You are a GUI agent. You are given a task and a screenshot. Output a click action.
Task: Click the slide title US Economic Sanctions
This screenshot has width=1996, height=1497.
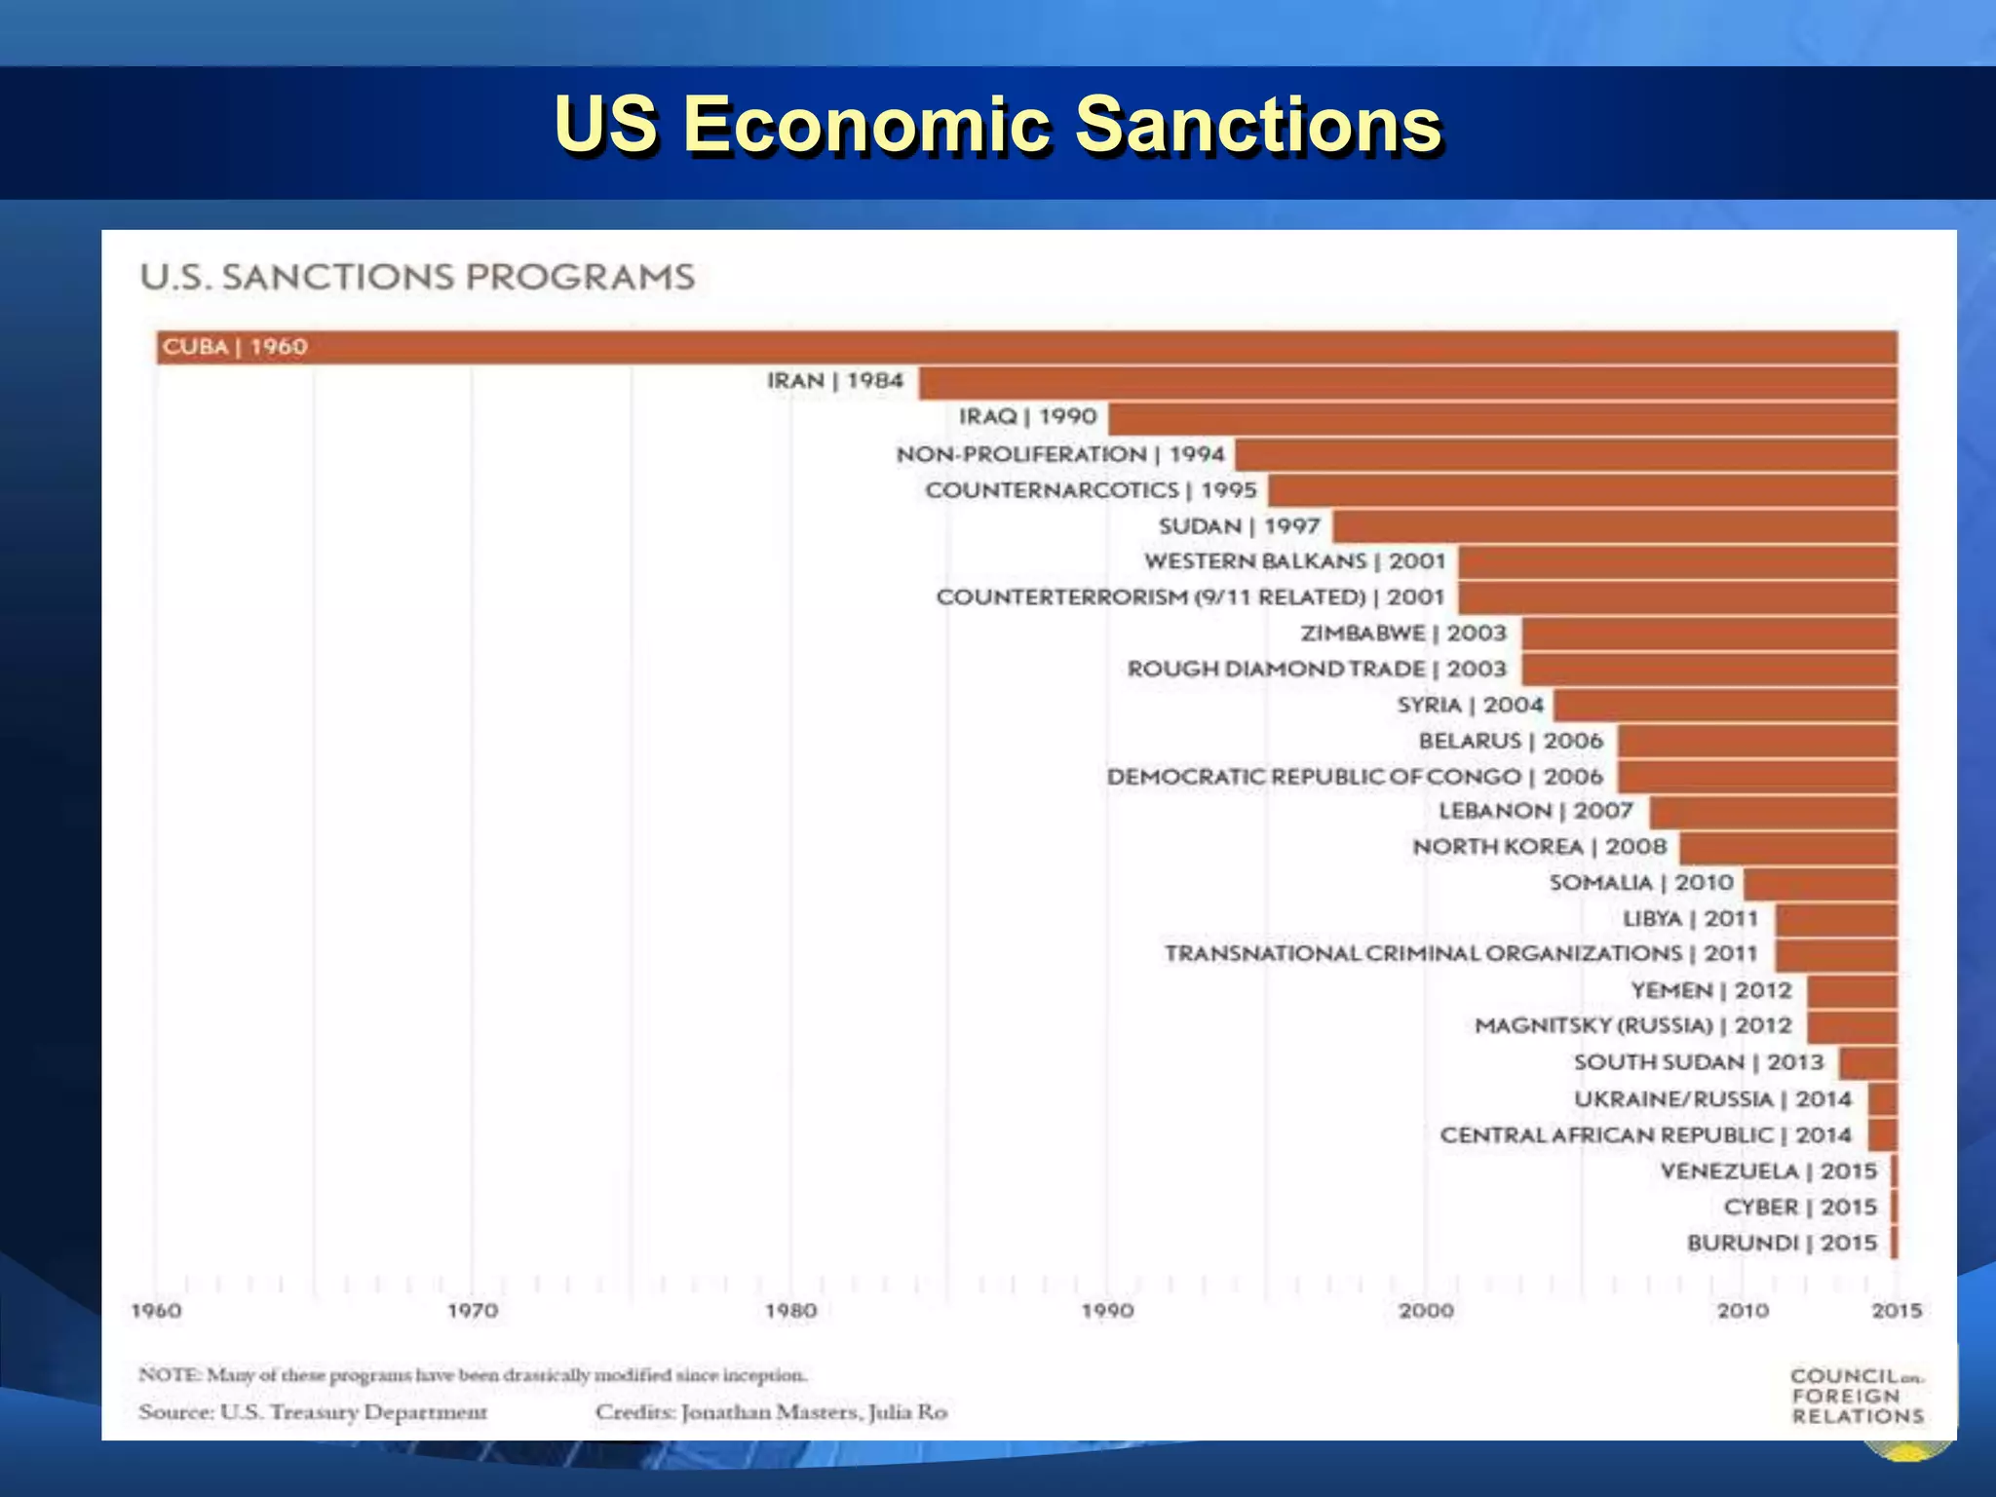pos(998,125)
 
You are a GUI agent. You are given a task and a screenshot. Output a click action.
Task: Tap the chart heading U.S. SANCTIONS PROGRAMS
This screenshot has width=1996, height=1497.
pos(418,277)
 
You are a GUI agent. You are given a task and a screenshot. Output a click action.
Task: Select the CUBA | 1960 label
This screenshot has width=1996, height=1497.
pos(235,347)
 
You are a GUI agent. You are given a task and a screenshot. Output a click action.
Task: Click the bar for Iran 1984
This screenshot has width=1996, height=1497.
pos(1407,383)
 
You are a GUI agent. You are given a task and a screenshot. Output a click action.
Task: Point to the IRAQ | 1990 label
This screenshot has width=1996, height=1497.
pos(1028,417)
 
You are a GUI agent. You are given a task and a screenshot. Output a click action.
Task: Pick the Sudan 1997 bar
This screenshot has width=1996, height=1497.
pos(1614,526)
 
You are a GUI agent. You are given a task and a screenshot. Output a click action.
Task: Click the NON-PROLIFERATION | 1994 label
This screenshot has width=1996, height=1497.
pos(1060,454)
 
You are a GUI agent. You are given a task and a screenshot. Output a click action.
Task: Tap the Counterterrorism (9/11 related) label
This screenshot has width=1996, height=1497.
pos(1190,596)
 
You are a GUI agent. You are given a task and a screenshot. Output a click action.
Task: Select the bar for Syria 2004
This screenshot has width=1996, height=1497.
pos(1725,705)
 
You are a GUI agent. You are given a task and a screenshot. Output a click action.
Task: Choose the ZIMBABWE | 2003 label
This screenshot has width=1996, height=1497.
pos(1403,633)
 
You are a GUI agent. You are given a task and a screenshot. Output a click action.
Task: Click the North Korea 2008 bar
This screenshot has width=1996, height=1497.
pos(1788,848)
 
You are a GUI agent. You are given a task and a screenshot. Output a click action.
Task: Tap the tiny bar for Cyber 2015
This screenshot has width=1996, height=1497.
pos(1894,1207)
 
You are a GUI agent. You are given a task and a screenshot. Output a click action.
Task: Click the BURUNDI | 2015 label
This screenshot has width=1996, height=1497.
pos(1782,1243)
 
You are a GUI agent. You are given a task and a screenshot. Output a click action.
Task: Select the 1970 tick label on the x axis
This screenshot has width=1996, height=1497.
pos(473,1312)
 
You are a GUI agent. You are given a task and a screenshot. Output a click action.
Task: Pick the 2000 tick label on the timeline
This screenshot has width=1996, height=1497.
pos(1426,1312)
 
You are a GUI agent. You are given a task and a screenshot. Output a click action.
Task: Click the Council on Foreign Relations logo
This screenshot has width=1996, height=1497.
pos(1857,1396)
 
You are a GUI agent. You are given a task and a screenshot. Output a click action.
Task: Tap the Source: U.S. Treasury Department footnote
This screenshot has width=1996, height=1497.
pos(313,1412)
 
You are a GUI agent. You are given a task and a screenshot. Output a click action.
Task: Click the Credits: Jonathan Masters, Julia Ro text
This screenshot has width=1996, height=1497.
pos(771,1412)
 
